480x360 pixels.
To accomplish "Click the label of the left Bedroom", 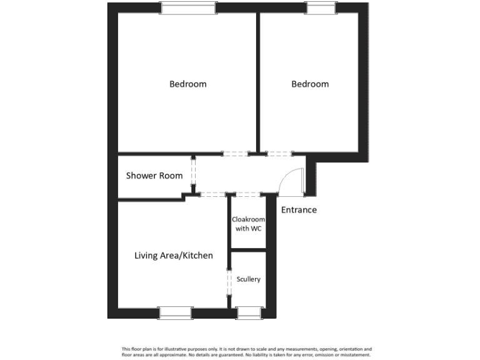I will (x=187, y=84).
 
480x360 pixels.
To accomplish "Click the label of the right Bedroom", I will (x=310, y=84).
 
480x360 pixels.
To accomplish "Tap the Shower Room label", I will (x=154, y=176).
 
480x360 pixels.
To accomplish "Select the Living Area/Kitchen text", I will (x=174, y=256).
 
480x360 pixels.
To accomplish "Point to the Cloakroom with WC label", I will (x=248, y=224).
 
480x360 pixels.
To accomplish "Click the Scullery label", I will (x=248, y=279).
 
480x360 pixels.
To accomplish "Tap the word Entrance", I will (x=299, y=210).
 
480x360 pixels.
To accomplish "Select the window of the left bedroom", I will (x=188, y=8).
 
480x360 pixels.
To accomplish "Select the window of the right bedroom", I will (x=320, y=8).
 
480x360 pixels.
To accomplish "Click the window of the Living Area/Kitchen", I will (x=175, y=312).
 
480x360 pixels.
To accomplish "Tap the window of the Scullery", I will (x=249, y=312).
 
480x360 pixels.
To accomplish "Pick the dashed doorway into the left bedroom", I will (x=236, y=154).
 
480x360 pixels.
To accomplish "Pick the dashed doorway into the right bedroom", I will (x=279, y=154).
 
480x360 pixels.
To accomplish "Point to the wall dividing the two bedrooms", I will (x=257, y=81).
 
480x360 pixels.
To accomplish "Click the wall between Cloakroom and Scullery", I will (x=248, y=251).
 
